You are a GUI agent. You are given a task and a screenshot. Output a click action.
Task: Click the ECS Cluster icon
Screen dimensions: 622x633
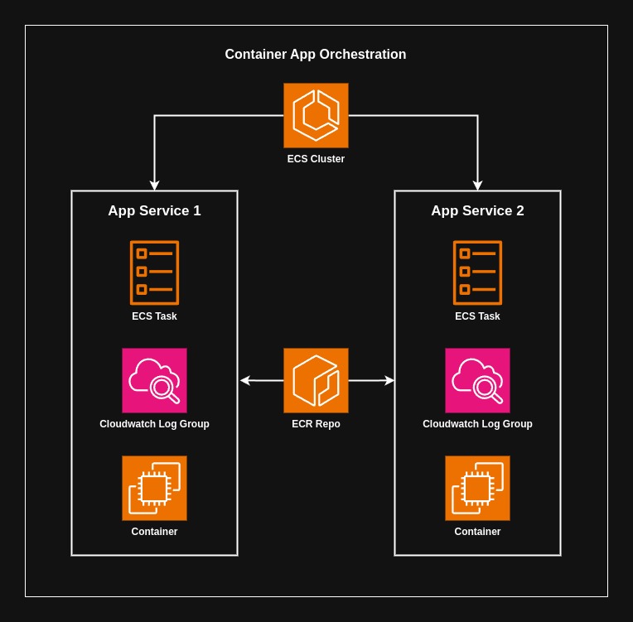(x=316, y=115)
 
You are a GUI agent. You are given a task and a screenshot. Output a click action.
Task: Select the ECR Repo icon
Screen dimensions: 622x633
(x=316, y=380)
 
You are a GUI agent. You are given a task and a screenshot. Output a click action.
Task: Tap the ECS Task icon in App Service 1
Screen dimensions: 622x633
(x=154, y=272)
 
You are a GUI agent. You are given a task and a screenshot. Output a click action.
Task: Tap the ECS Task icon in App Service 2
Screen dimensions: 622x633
(x=477, y=272)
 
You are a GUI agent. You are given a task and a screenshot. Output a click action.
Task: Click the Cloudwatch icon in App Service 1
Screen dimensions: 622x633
(x=154, y=380)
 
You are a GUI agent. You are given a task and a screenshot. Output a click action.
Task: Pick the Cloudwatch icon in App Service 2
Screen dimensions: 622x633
(x=477, y=380)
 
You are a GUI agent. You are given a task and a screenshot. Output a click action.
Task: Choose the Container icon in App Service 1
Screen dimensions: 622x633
(x=154, y=488)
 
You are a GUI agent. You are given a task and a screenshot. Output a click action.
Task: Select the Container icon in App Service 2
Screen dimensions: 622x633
(x=477, y=488)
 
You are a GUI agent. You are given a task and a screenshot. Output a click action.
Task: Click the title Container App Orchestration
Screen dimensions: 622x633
(x=316, y=55)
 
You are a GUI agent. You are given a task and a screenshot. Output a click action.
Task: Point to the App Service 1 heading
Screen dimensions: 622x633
(x=154, y=210)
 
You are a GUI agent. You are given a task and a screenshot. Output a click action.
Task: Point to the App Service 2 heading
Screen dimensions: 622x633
(x=477, y=210)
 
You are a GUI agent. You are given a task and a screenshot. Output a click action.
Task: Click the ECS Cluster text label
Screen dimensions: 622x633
(x=316, y=159)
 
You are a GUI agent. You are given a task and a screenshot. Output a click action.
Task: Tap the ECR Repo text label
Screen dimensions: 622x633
(x=316, y=424)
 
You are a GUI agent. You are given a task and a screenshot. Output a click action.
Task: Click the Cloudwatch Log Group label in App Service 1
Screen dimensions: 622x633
(x=154, y=424)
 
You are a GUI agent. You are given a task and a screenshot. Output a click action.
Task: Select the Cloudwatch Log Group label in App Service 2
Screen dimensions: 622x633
(x=477, y=424)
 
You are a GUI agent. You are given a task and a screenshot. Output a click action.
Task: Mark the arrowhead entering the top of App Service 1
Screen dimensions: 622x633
(x=154, y=186)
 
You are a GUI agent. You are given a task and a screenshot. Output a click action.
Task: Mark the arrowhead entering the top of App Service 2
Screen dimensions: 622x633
(x=477, y=186)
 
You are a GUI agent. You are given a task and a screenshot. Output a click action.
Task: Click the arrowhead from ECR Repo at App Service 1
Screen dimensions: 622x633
(x=245, y=380)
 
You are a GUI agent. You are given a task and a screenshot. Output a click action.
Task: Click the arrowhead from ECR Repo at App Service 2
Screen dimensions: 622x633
(x=389, y=380)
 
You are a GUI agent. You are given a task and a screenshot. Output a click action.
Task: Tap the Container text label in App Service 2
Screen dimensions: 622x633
(x=477, y=532)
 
